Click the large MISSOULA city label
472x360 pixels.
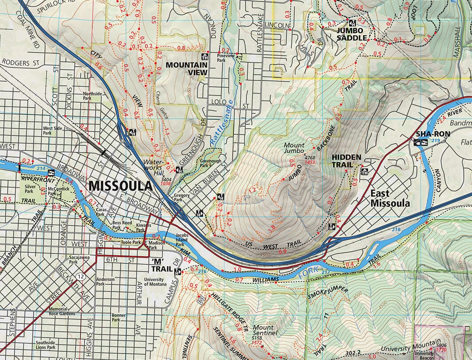pyautogui.click(x=120, y=186)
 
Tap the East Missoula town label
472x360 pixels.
pyautogui.click(x=390, y=199)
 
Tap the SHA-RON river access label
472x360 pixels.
pyautogui.click(x=433, y=133)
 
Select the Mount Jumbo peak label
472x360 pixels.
pyautogui.click(x=294, y=149)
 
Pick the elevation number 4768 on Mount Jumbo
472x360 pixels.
pyautogui.click(x=310, y=158)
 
